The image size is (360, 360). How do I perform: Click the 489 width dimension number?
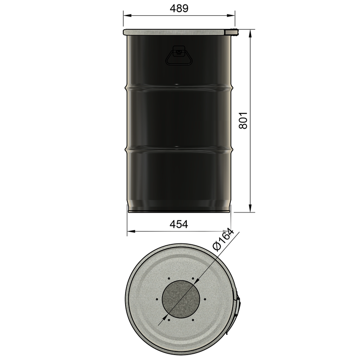click(179, 8)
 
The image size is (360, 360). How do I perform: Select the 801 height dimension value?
click(243, 120)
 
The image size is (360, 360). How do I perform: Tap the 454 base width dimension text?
click(179, 224)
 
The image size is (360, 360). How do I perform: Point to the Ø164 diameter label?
click(224, 239)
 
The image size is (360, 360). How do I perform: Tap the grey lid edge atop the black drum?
click(175, 31)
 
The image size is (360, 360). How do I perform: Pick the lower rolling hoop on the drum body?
click(179, 148)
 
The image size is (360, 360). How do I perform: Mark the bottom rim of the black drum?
click(179, 210)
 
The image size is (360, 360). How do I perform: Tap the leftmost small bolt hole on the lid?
click(156, 299)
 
